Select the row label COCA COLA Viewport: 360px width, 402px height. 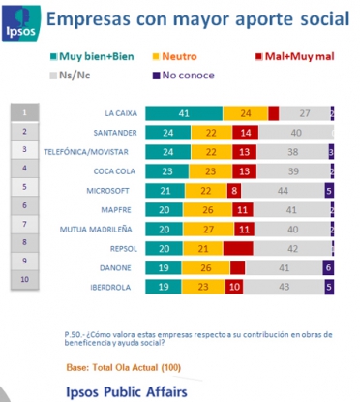coord(116,170)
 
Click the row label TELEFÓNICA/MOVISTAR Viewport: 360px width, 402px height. coord(95,151)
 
